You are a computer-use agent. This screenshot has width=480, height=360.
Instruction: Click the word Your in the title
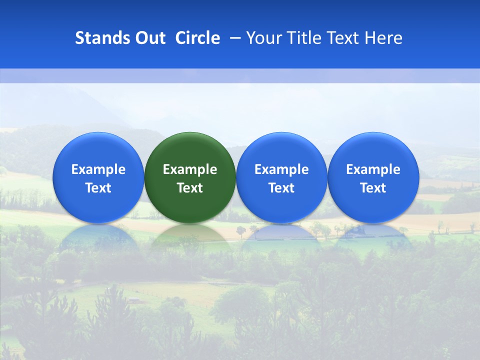(263, 38)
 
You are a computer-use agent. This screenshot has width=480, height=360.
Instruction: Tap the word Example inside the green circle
(190, 170)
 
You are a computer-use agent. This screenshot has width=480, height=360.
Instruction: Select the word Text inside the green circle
(190, 188)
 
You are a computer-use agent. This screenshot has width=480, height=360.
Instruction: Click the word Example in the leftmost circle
(98, 170)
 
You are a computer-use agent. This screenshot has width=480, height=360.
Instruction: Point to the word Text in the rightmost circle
(373, 188)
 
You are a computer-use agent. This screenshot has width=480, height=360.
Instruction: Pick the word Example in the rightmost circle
(373, 170)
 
